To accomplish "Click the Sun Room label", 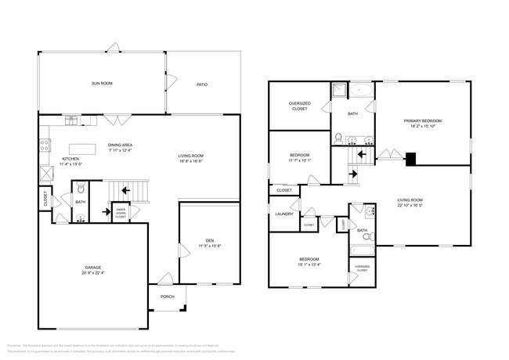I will (102, 83).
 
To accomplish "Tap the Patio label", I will (201, 85).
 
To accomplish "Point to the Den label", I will (210, 240).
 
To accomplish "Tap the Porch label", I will (168, 297).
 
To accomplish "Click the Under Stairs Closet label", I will (121, 213).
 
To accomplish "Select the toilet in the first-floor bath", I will (80, 187).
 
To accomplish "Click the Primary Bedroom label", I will (423, 121).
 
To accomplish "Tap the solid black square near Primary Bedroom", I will (410, 159).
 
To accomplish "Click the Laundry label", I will (283, 214).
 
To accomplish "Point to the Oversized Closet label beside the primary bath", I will (298, 106).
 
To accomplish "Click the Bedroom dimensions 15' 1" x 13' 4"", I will (308, 264).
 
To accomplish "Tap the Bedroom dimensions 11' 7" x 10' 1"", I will (298, 160).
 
